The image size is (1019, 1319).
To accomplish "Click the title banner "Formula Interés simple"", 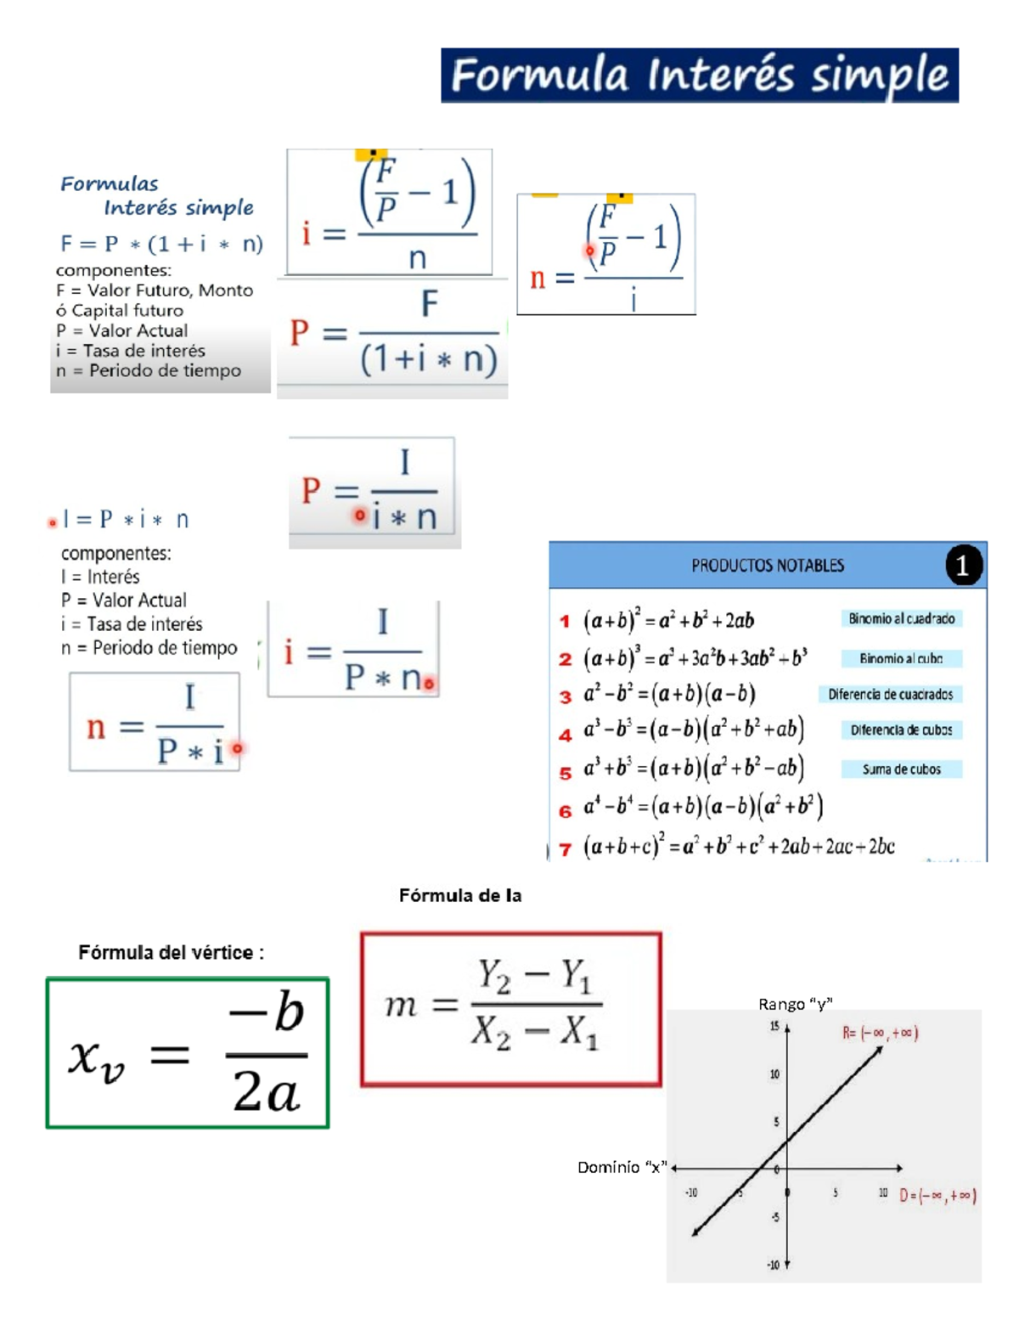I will point(699,76).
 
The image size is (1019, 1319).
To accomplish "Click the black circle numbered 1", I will point(962,566).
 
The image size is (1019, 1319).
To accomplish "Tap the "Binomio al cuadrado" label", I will point(901,619).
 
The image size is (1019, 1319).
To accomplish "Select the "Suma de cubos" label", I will point(901,769).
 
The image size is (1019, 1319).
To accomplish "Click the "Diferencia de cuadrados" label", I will point(890,695).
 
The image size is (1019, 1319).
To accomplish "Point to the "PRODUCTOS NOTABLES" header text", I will point(767,566).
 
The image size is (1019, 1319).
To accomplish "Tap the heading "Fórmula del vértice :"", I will point(171,953).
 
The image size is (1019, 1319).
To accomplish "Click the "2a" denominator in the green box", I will point(266,1092).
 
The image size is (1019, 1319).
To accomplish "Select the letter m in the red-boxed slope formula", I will point(401,1006).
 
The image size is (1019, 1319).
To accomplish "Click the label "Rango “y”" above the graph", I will point(795,1004).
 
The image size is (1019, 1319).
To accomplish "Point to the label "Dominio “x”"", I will point(622,1168).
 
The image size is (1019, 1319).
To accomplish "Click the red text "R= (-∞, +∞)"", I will point(880,1034).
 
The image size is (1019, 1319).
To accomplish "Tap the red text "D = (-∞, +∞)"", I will point(937,1196).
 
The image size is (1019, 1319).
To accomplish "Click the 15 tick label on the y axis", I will point(774,1027).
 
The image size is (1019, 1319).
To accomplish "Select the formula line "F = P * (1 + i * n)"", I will point(161,245).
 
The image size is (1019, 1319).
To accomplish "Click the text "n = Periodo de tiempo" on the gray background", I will point(149,371).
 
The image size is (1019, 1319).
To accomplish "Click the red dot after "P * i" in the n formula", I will point(238,748).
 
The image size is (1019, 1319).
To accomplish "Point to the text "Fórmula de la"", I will point(460,895).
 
